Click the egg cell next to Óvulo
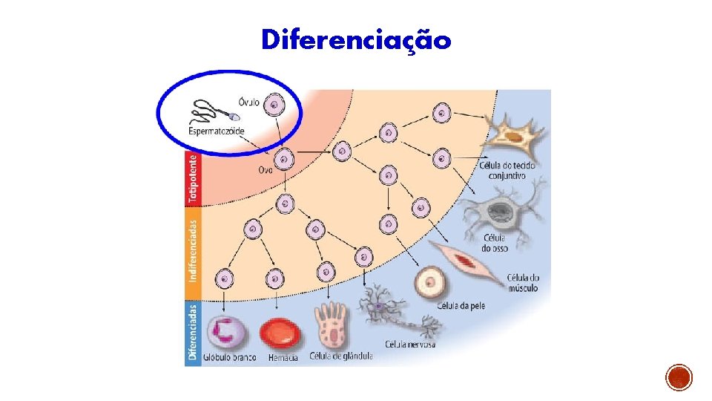click(274, 106)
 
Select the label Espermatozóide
click(217, 131)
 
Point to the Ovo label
click(266, 169)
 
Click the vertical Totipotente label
click(193, 178)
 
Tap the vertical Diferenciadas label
click(193, 332)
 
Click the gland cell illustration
click(331, 327)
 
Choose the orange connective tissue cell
click(513, 136)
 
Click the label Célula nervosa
click(410, 345)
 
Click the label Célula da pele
click(461, 305)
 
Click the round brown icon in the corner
click(679, 377)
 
